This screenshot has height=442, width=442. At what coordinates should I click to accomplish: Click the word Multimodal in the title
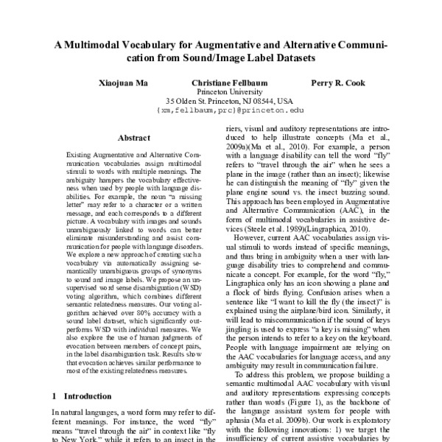[104, 45]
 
